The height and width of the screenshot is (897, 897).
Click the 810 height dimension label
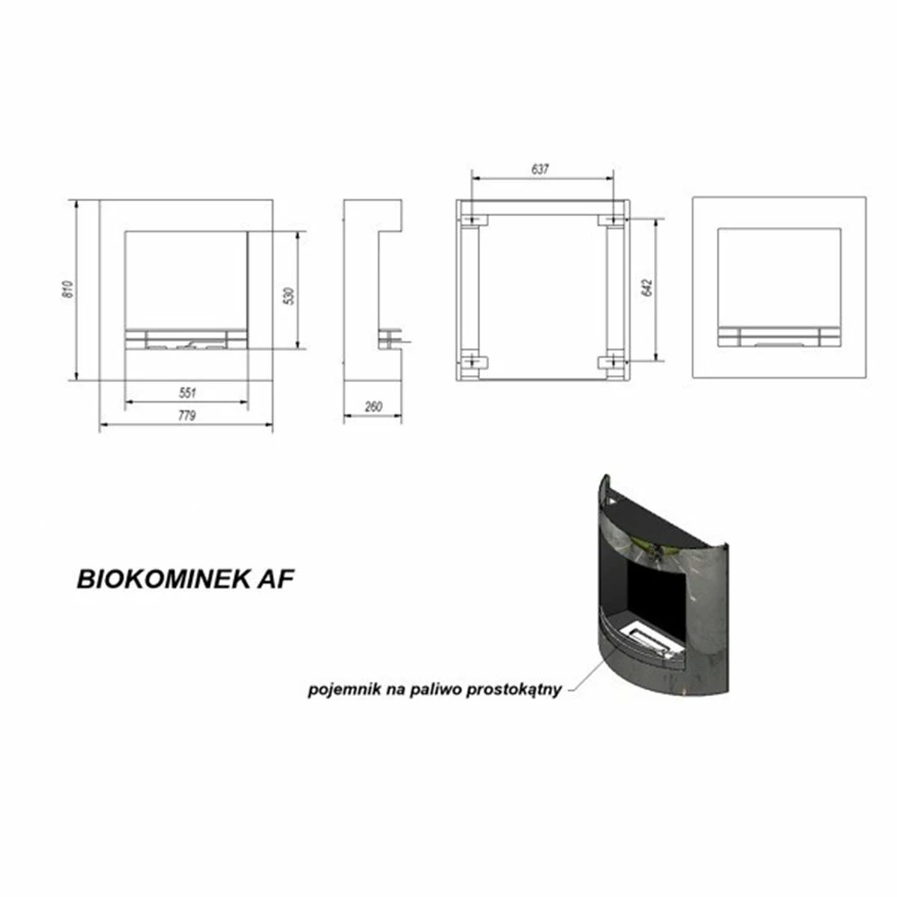[69, 290]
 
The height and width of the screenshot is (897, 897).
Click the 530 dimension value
[290, 295]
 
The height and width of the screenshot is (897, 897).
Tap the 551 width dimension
[187, 393]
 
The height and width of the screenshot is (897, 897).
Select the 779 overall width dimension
[187, 416]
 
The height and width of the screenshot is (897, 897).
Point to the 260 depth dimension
[373, 406]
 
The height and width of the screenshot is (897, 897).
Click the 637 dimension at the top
[540, 170]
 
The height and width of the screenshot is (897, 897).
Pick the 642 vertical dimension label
[648, 288]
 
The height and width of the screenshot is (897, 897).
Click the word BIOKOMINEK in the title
[163, 579]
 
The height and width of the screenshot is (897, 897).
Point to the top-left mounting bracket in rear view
[475, 220]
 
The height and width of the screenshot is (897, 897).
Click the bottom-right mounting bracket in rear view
[612, 362]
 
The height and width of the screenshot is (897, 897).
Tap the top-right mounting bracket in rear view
[612, 220]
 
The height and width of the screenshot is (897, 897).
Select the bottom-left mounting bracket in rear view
[475, 362]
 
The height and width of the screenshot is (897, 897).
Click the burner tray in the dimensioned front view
[187, 339]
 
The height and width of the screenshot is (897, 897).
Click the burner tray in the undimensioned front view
[779, 336]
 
